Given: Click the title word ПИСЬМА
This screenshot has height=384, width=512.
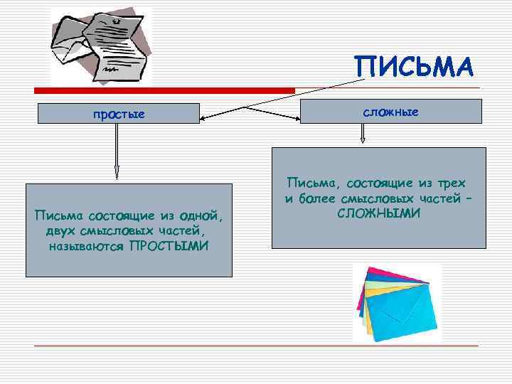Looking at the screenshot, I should pos(413,68).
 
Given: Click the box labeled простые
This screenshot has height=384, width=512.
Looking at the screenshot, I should pos(118,114).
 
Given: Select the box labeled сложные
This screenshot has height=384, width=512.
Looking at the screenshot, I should pos(390,112).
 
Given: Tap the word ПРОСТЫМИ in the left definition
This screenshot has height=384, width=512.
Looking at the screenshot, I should pos(169,246).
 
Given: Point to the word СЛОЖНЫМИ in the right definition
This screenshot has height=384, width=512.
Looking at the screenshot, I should pos(378,213).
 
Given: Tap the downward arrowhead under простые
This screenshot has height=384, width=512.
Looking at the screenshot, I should pos(117,173).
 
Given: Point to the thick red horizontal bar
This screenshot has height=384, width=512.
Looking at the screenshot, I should pos(164,90).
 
